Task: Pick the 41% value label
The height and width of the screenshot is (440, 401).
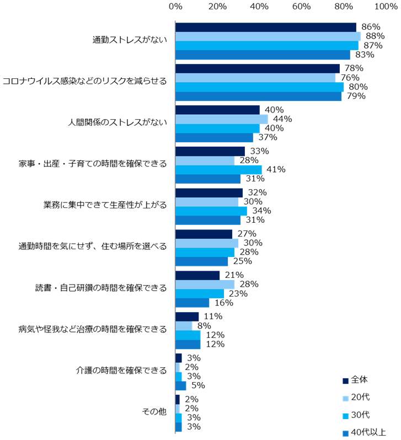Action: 276,170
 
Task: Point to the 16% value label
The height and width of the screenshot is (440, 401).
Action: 220,303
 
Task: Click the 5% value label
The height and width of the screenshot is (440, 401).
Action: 195,385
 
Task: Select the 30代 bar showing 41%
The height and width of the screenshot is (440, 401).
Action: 218,170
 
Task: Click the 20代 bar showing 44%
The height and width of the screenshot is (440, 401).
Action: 221,119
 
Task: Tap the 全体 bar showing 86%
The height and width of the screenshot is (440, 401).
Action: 265,27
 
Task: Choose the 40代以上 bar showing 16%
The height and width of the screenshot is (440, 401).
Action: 192,303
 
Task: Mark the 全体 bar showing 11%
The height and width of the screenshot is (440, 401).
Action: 186,316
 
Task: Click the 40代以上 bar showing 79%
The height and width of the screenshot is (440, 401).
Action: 258,96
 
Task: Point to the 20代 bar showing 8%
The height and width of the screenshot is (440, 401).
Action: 184,326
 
